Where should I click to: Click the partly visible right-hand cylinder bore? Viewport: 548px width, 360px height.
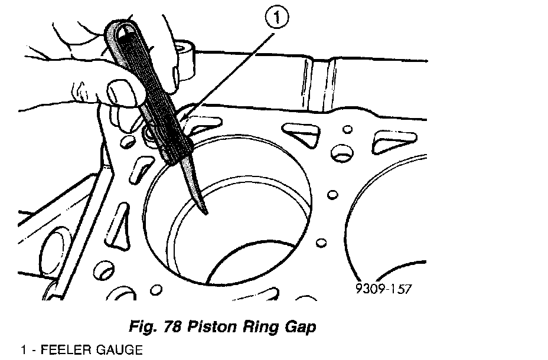pyautogui.click(x=390, y=218)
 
